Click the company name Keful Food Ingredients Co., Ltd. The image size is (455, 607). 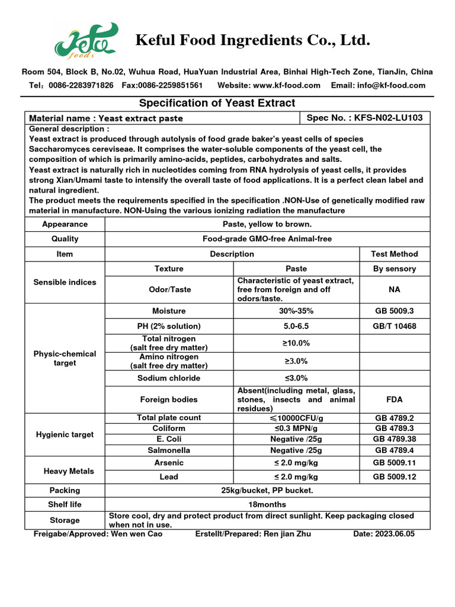[253, 40]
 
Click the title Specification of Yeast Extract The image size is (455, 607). [216, 103]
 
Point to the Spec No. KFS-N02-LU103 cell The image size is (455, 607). [364, 118]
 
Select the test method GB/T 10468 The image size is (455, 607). [395, 326]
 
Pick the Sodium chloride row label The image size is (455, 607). [169, 378]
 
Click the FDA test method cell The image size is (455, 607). [395, 400]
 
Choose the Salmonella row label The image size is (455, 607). [169, 450]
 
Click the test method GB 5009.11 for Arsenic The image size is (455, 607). [395, 462]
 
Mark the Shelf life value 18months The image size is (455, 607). [267, 504]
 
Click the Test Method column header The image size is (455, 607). [395, 254]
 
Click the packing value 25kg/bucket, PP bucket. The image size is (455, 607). [267, 491]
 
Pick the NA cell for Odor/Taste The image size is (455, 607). [395, 290]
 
